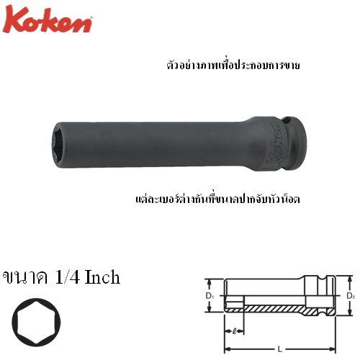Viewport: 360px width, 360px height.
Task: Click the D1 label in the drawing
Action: (210, 296)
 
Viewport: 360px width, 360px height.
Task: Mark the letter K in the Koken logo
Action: (14, 19)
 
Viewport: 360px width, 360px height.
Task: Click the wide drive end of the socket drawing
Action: (320, 296)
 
